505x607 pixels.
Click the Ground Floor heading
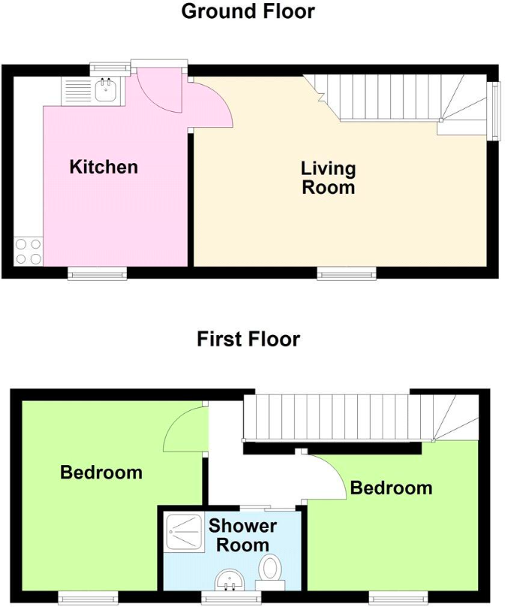248,12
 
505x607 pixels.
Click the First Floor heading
248,339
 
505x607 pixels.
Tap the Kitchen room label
104,167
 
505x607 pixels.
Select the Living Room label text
328,177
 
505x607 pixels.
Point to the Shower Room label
242,535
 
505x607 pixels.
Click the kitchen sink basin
105,92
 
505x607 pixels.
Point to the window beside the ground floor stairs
494,110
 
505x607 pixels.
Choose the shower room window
231,597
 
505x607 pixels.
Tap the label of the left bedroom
101,473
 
